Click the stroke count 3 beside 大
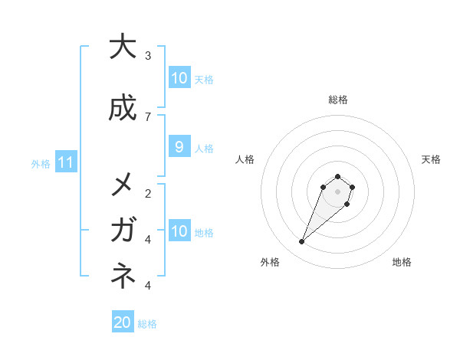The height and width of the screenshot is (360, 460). pos(148,55)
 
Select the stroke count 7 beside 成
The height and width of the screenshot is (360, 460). pos(148,116)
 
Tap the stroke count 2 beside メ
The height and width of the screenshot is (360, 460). pos(148,193)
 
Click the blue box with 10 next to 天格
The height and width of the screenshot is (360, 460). pos(179,77)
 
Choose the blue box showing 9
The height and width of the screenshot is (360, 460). pos(179,147)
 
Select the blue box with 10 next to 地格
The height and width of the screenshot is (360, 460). pos(179,231)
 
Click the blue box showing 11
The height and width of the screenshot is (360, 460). pos(66,162)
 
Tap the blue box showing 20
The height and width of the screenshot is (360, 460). pos(123,322)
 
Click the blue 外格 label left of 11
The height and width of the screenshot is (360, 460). pos(40,163)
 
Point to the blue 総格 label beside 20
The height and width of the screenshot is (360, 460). pos(147,323)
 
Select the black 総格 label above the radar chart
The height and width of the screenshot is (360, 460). pos(337,100)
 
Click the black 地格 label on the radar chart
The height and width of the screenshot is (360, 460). pos(402,262)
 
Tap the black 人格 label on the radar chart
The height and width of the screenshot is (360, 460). pos(245,159)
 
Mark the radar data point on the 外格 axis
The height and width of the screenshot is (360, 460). pos(302,242)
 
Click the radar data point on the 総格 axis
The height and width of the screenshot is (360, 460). pos(337,176)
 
